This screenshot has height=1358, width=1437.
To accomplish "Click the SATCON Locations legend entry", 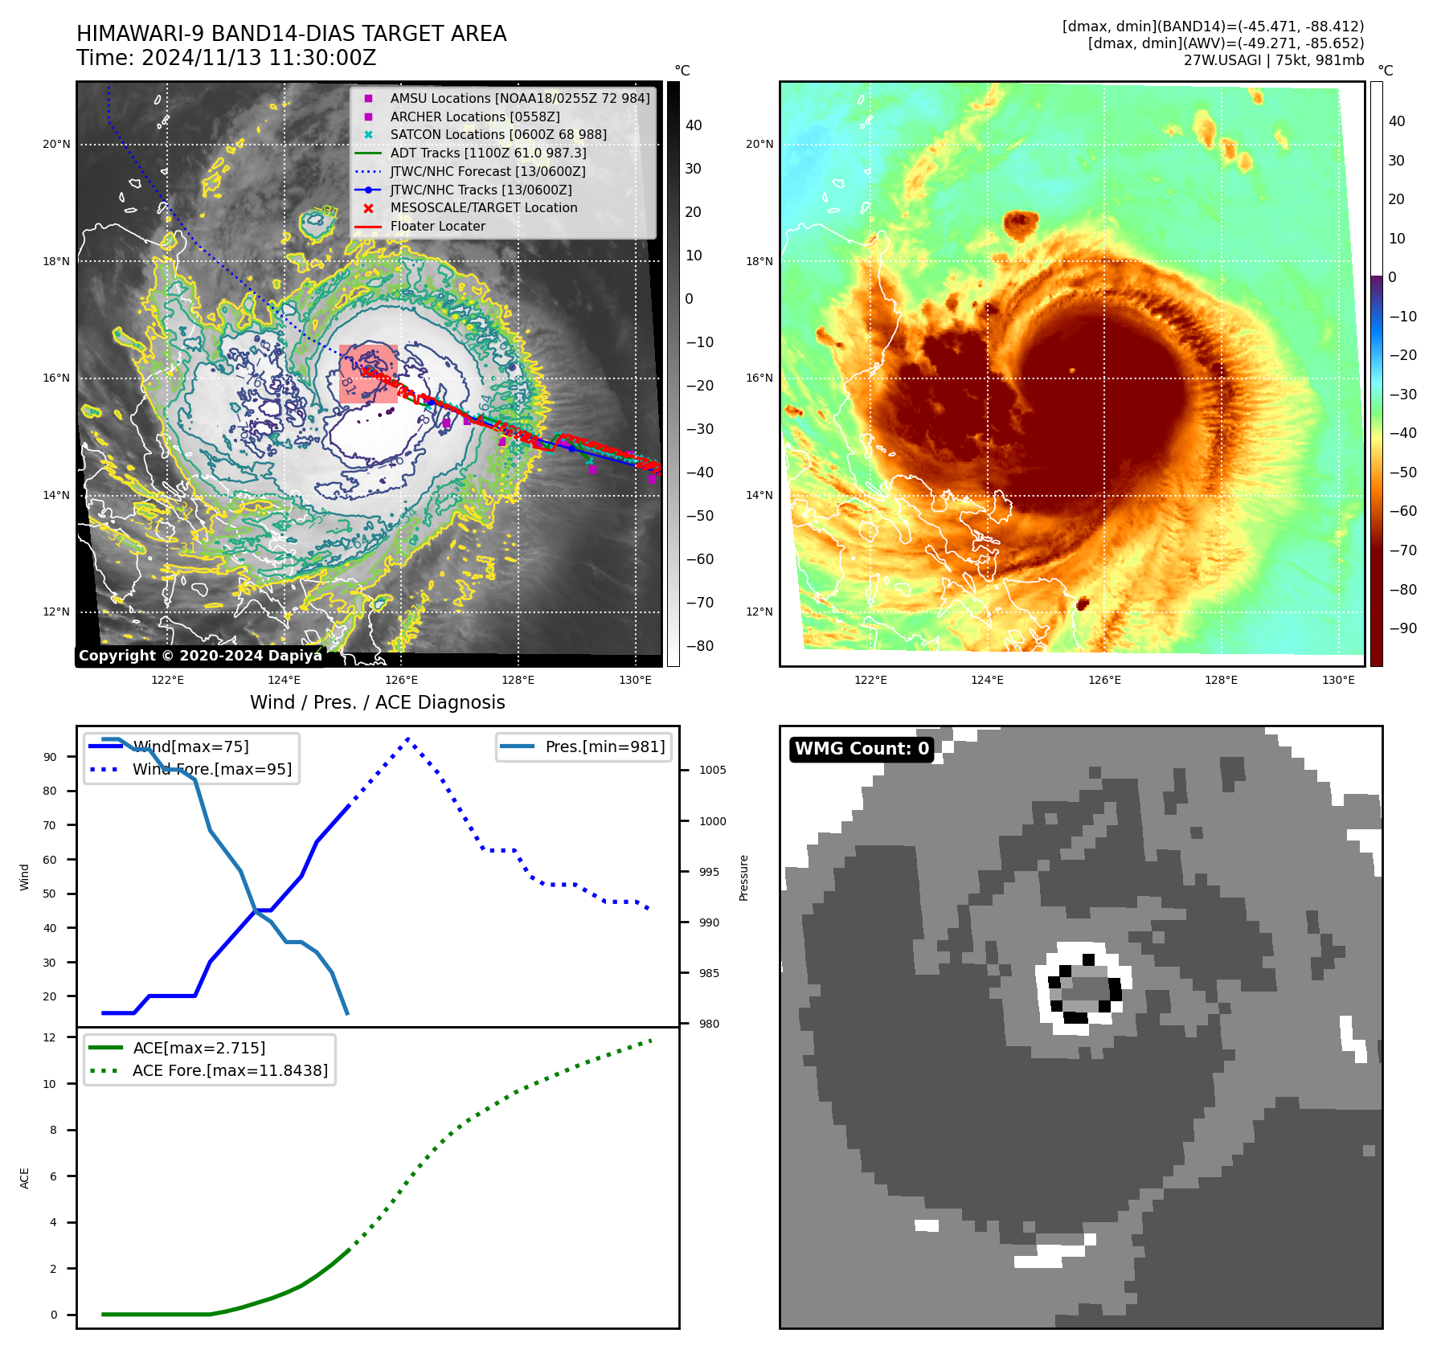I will click(x=498, y=135).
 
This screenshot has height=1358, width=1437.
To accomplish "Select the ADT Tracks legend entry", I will click(x=488, y=153).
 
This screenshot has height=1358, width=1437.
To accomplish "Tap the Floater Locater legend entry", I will click(x=437, y=227).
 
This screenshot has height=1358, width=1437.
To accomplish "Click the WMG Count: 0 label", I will click(x=862, y=749).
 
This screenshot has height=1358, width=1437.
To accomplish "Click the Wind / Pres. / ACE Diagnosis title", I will click(x=378, y=703).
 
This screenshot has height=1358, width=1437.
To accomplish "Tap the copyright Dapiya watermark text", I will click(x=200, y=656).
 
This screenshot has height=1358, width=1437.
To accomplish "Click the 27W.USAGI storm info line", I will click(x=1273, y=60).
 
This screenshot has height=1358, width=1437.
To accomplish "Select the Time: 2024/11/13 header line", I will click(x=226, y=59).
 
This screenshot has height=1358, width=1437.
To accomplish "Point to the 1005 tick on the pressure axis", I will click(x=712, y=770).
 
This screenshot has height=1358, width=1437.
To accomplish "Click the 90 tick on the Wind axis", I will click(x=51, y=757).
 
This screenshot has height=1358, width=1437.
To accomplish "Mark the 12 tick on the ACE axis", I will click(x=50, y=1037).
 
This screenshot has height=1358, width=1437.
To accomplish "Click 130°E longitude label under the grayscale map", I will click(x=635, y=681).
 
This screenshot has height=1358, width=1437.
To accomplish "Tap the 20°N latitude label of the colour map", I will click(x=759, y=145).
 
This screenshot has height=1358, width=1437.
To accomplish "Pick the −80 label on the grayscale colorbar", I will click(x=699, y=646).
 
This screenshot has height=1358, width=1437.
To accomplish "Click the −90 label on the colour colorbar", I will click(x=1402, y=628).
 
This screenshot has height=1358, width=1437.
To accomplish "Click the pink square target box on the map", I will click(x=368, y=374).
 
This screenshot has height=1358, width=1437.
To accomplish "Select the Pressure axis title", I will click(x=744, y=877).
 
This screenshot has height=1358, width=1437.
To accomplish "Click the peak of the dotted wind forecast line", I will click(x=408, y=738).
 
